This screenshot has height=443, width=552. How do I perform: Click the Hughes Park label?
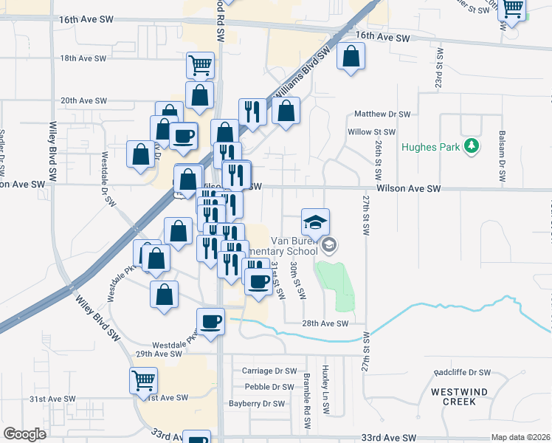click(x=431, y=147)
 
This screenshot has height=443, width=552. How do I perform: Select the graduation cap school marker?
click(x=315, y=222)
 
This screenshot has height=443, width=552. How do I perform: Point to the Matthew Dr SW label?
click(x=382, y=114)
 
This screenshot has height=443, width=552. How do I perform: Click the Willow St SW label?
click(x=372, y=132)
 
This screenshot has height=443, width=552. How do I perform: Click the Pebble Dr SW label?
click(x=269, y=387)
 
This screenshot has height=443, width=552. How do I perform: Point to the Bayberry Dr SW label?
click(x=256, y=404)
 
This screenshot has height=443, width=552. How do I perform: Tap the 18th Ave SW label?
click(x=79, y=58)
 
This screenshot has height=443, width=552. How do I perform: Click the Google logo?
click(x=24, y=434)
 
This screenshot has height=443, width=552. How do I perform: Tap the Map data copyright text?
click(x=521, y=437)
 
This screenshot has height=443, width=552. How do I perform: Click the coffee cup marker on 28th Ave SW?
click(x=210, y=321)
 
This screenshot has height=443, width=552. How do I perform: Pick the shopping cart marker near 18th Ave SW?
click(x=200, y=65)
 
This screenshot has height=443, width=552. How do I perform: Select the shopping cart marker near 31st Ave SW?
click(x=143, y=382)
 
